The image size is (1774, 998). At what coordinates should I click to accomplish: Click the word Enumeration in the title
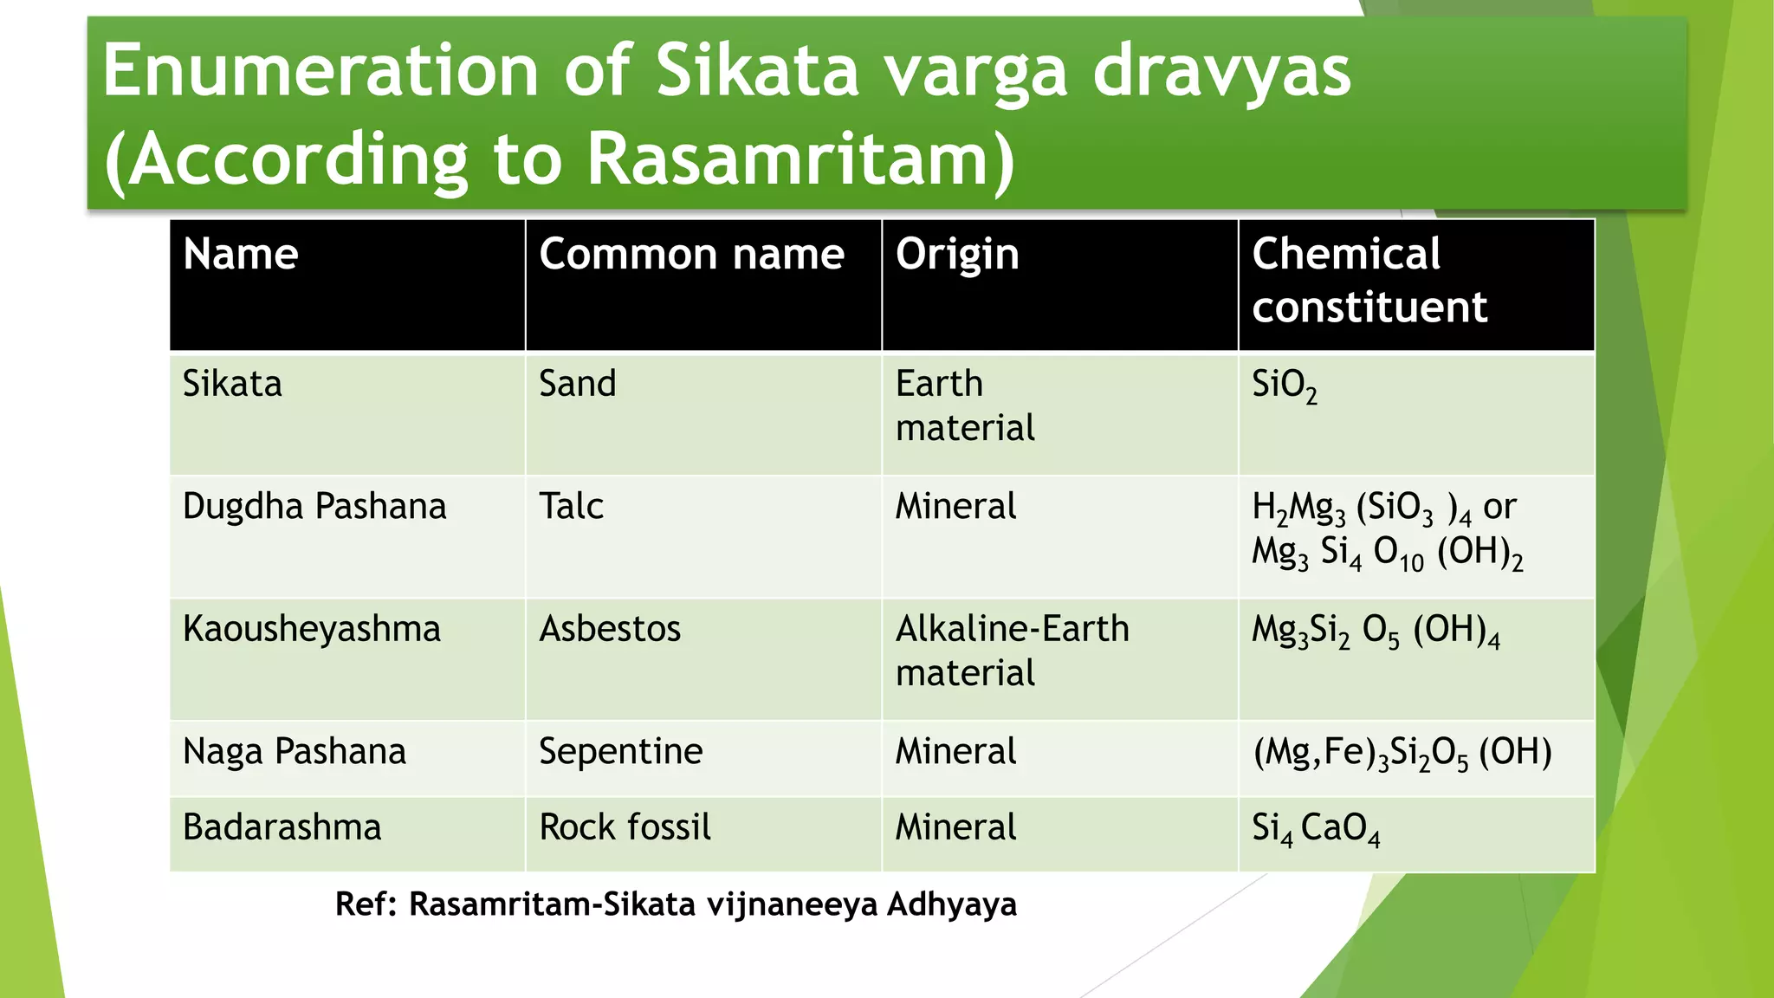320,71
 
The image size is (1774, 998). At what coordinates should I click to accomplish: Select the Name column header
241,255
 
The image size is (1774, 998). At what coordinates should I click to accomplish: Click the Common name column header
691,255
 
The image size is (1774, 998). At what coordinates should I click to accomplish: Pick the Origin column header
957,255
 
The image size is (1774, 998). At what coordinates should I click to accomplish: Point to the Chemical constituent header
1369,281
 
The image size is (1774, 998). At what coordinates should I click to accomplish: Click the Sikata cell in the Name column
232,384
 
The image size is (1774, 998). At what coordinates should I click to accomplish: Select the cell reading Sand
577,384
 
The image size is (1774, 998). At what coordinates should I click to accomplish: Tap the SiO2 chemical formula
1284,386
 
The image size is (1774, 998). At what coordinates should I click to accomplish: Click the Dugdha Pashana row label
314,507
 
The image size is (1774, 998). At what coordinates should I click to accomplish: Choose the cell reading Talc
571,507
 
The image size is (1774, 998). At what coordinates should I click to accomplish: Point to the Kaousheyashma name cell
312,629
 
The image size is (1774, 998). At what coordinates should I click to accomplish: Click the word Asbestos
610,629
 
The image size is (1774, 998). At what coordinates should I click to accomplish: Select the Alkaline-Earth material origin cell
1012,650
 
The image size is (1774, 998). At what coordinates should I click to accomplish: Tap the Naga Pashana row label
295,752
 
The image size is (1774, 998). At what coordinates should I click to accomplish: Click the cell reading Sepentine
620,752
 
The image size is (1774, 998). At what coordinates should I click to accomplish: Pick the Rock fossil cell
625,827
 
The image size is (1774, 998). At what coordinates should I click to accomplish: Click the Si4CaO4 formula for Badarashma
1315,829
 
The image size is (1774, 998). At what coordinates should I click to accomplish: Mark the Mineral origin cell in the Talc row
955,507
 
